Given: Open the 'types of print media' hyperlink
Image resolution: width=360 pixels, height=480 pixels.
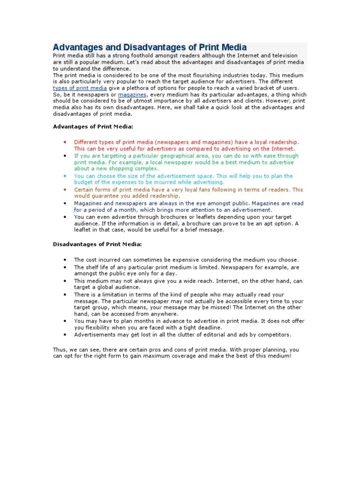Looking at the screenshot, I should click(79, 88).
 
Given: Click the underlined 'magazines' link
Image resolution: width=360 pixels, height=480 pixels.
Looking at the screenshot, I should click(133, 94).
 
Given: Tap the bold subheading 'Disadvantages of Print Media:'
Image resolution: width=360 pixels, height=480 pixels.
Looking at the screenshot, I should click(97, 244).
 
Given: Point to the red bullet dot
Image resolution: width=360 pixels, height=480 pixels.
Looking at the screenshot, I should click(65, 142).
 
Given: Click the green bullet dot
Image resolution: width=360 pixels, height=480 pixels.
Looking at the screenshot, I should click(65, 156).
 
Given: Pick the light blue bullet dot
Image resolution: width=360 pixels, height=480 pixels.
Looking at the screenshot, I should click(65, 176).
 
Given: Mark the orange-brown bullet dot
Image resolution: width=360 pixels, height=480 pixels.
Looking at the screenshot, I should click(65, 190).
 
